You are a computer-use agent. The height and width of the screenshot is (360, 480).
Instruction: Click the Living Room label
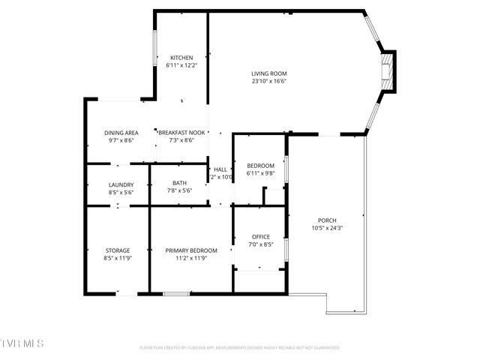pyautogui.click(x=268, y=73)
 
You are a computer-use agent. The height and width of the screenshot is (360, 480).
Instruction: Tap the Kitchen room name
pyautogui.click(x=181, y=58)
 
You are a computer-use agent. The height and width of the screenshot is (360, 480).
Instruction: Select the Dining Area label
pyautogui.click(x=121, y=132)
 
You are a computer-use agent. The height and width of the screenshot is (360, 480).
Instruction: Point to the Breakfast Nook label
pyautogui.click(x=176, y=132)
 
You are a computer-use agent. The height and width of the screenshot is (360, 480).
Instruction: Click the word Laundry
pyautogui.click(x=121, y=184)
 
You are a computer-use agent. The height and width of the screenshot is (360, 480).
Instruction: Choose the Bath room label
pyautogui.click(x=179, y=183)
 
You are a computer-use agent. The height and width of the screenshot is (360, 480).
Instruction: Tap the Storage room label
pyautogui.click(x=117, y=250)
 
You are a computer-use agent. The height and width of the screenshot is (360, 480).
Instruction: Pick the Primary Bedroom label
pyautogui.click(x=191, y=250)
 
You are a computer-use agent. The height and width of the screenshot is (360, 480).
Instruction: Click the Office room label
pyautogui.click(x=260, y=237)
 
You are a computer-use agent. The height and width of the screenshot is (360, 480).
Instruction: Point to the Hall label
pyautogui.click(x=220, y=169)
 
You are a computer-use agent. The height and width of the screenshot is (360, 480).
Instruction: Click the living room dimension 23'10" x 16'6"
pyautogui.click(x=268, y=81)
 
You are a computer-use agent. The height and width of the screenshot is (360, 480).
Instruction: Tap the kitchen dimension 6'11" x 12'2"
pyautogui.click(x=181, y=66)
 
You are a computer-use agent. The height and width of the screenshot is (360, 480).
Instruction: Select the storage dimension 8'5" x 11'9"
pyautogui.click(x=117, y=258)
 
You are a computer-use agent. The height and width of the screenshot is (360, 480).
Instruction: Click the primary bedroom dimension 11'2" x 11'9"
pyautogui.click(x=191, y=258)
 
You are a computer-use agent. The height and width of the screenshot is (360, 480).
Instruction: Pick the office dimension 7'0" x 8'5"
pyautogui.click(x=260, y=244)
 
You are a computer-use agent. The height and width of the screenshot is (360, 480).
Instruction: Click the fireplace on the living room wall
pyautogui.click(x=387, y=70)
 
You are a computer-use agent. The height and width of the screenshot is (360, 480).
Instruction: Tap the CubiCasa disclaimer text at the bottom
pyautogui.click(x=240, y=348)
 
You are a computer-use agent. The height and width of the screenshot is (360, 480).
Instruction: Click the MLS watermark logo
pyautogui.click(x=22, y=343)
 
